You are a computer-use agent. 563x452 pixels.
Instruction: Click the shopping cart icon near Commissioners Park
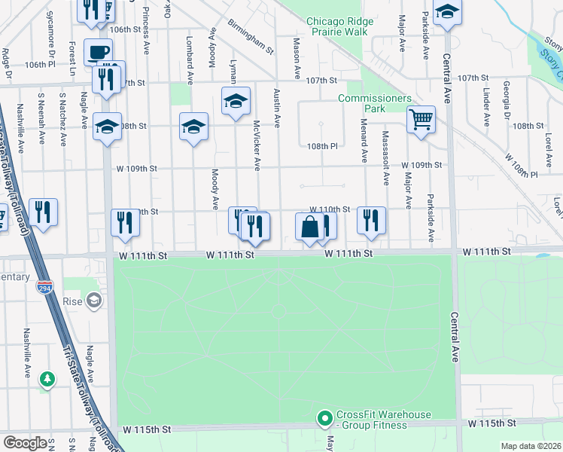click(421, 119)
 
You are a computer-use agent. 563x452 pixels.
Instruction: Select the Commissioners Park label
click(375, 104)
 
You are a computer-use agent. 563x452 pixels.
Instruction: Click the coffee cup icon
click(98, 52)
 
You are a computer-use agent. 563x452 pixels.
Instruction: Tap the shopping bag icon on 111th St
click(309, 227)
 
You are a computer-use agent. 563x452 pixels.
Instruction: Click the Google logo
click(25, 443)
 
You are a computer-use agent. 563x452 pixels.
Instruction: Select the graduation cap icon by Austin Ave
click(236, 101)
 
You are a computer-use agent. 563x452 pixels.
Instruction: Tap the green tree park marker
click(47, 378)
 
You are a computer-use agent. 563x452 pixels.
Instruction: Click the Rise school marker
click(93, 302)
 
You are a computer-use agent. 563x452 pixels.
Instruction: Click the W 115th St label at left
click(145, 429)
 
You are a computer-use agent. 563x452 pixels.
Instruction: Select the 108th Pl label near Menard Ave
click(323, 147)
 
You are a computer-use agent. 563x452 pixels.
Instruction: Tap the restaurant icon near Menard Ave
click(371, 220)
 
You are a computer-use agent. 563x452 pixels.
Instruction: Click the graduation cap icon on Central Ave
click(447, 13)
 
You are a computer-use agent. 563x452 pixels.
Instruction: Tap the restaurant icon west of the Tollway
click(43, 212)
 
